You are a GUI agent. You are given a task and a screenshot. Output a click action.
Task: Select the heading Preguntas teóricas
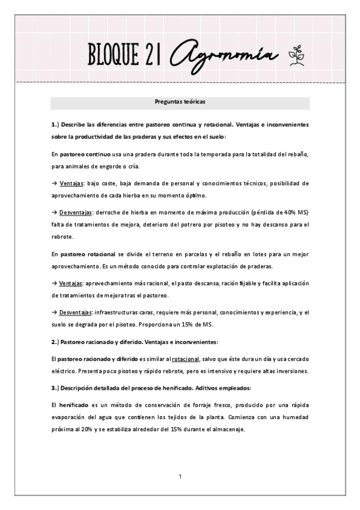point(180,102)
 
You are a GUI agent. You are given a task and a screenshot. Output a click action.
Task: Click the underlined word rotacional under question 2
point(186,359)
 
